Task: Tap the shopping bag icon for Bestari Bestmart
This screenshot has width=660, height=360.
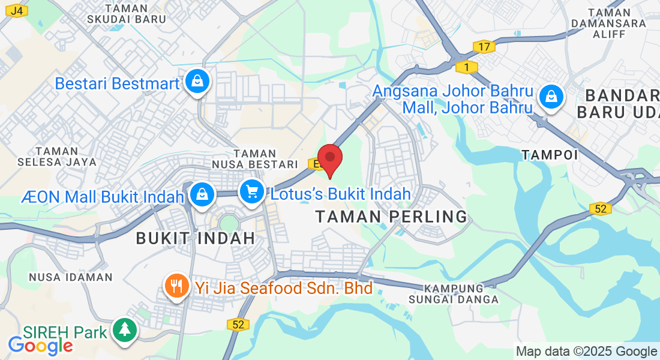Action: pyautogui.click(x=197, y=82)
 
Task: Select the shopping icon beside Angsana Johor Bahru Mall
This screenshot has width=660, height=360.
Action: pyautogui.click(x=550, y=97)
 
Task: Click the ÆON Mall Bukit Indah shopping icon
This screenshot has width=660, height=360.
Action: pyautogui.click(x=203, y=194)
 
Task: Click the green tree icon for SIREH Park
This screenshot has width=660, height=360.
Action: pyautogui.click(x=124, y=329)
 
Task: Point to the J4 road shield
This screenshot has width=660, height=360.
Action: pyautogui.click(x=19, y=11)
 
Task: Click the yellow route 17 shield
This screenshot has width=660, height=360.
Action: pyautogui.click(x=483, y=46)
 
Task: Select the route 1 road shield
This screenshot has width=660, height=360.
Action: pyautogui.click(x=466, y=67)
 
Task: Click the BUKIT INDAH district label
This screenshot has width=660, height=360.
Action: pyautogui.click(x=196, y=238)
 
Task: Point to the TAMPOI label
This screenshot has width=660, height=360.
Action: pyautogui.click(x=550, y=155)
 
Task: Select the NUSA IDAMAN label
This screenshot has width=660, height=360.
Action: pyautogui.click(x=71, y=277)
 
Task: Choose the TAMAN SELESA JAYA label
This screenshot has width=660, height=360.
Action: pyautogui.click(x=57, y=156)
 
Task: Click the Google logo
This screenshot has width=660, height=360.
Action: pyautogui.click(x=40, y=345)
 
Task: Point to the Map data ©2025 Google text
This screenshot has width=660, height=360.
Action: pyautogui.click(x=587, y=351)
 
